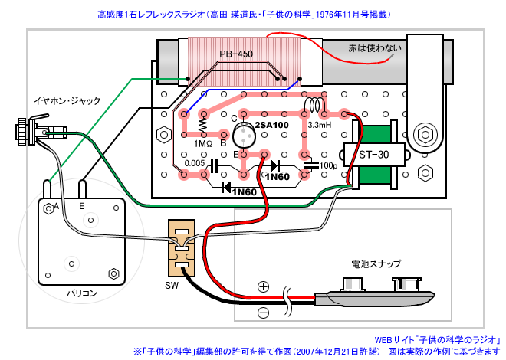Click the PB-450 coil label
(236, 54)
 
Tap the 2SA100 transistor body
(245, 136)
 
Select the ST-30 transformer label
(373, 155)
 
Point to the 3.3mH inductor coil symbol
(314, 105)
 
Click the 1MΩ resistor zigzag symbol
(203, 125)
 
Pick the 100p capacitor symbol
(311, 165)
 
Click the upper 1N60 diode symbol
(275, 165)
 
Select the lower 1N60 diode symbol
(226, 187)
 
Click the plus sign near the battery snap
(263, 286)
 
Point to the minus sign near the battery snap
(263, 313)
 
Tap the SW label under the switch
(172, 286)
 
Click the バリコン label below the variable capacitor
(81, 293)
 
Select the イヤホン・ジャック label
(67, 101)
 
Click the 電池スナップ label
(376, 264)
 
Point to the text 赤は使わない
(375, 48)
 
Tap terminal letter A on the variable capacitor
(57, 205)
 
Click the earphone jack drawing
(41, 133)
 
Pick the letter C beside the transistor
(235, 119)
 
